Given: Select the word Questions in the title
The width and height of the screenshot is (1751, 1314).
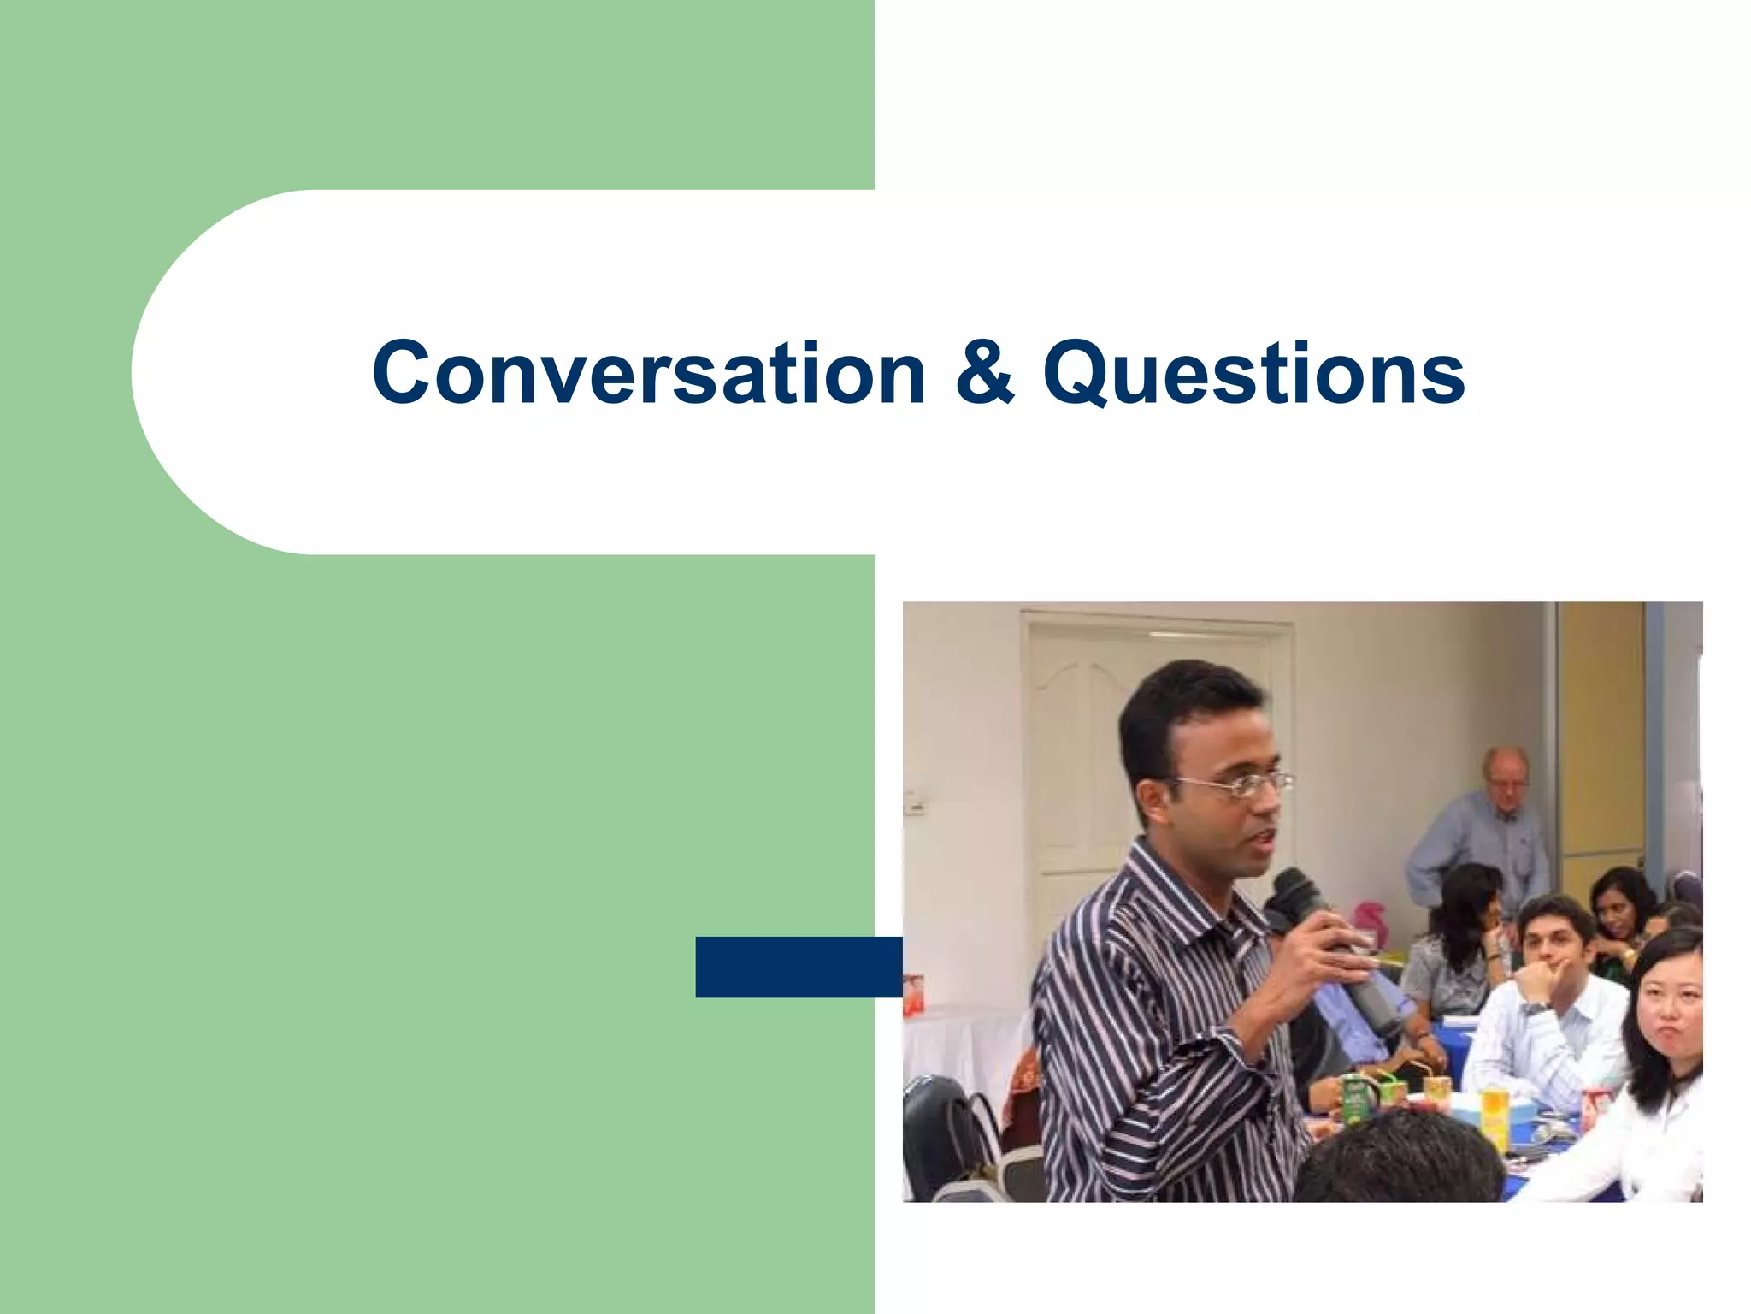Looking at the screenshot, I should point(1253,375).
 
